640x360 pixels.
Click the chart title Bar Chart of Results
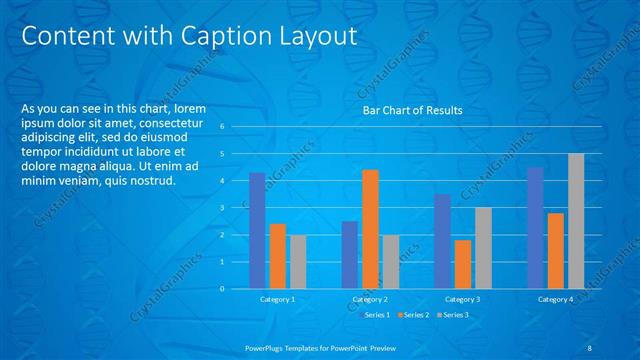click(412, 111)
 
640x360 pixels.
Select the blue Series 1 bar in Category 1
click(257, 230)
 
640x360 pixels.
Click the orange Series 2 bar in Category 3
click(462, 264)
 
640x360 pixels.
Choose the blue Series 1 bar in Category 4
click(536, 227)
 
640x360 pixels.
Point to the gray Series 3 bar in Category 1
click(297, 261)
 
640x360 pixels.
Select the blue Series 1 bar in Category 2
click(349, 254)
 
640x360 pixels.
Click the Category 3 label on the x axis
click(462, 299)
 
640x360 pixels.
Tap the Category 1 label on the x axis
click(277, 299)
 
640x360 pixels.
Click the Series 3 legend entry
click(455, 315)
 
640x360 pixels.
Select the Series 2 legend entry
click(416, 315)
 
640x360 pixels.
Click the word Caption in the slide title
click(221, 36)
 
